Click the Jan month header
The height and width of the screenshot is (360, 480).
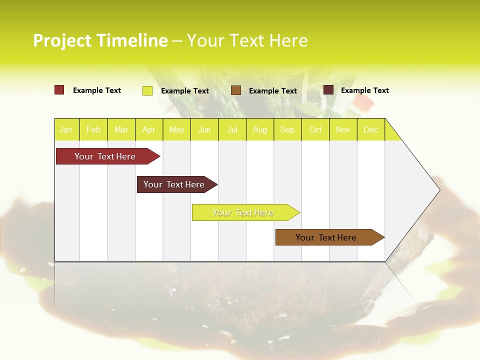tap(66, 129)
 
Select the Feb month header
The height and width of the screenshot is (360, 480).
tap(93, 129)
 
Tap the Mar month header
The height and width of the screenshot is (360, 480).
tap(121, 129)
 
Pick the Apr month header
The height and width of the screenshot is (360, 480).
tap(149, 129)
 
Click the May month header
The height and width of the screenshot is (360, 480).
tap(176, 129)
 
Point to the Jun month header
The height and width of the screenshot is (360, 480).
tap(204, 129)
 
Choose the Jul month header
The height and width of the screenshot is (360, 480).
tap(232, 129)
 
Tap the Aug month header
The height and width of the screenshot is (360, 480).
tap(260, 129)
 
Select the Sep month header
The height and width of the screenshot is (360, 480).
tap(287, 129)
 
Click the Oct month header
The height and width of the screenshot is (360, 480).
tap(315, 129)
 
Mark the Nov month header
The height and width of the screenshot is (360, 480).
tap(343, 129)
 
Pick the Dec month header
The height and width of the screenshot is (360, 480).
tap(371, 129)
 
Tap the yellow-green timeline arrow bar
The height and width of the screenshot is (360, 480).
tap(243, 212)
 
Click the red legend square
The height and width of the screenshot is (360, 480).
tap(59, 90)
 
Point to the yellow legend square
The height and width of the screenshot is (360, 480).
tap(147, 90)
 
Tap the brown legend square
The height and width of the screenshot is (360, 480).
tap(236, 90)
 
